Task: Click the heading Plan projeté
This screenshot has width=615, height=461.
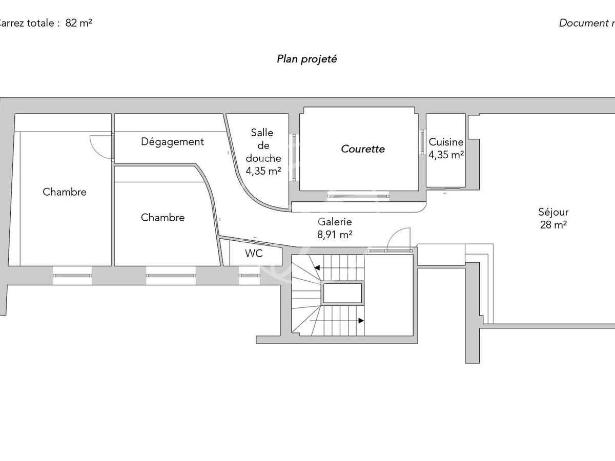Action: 306,59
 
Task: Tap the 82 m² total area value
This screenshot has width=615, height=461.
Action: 78,23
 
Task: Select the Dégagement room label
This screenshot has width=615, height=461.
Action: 172,142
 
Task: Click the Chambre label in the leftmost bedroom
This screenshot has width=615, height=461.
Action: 65,192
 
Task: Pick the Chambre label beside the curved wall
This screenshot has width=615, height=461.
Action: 162,218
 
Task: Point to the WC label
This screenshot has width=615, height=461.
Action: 254,253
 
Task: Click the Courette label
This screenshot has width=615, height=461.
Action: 363,149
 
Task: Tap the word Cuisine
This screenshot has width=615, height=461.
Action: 446,143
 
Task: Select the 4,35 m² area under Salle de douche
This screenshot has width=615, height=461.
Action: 263,171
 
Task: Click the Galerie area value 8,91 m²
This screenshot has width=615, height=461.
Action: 335,235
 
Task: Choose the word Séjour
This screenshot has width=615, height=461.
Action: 553,212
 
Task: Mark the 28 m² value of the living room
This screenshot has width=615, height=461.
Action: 553,224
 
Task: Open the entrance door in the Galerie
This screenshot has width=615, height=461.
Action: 397,239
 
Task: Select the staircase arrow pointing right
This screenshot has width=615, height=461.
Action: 361,321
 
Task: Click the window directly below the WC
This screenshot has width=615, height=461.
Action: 250,276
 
